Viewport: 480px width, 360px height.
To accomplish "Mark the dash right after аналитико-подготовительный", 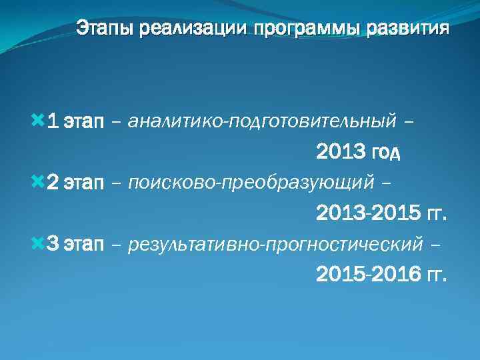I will coord(408,123).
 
